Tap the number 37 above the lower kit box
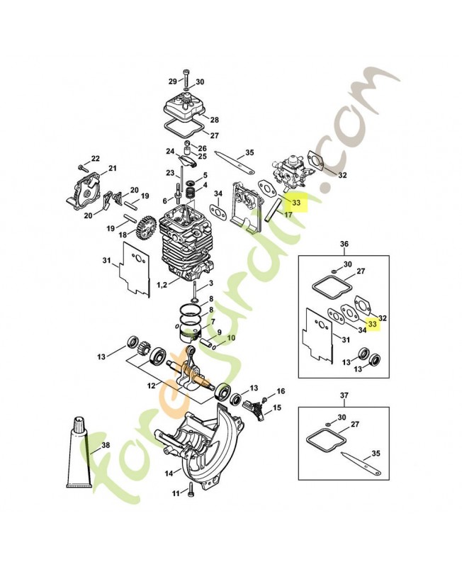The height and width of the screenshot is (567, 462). [344, 395]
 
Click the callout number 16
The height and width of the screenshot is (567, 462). [281, 391]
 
